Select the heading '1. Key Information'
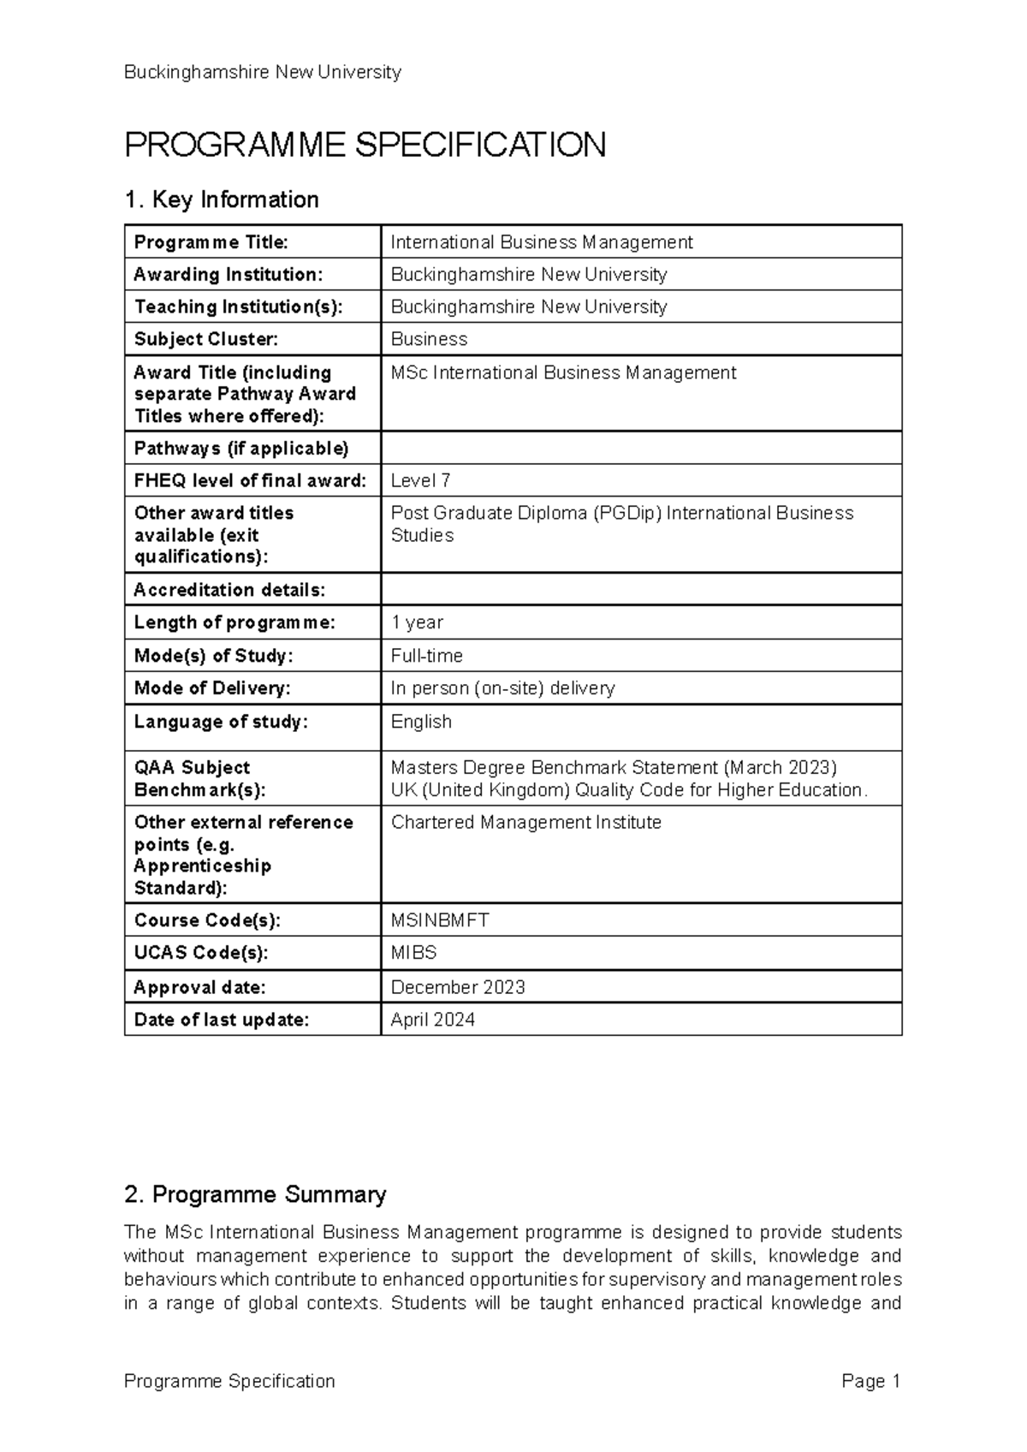point(222,199)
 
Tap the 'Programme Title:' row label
point(211,242)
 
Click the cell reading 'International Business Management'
point(541,242)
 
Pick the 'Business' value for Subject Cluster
point(429,339)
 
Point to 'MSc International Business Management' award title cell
point(563,373)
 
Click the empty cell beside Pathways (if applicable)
point(640,449)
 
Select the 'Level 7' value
point(420,481)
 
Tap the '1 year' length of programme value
point(417,622)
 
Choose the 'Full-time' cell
point(426,656)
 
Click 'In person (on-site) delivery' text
point(502,688)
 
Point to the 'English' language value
point(421,722)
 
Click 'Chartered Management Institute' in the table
point(525,823)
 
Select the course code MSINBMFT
point(440,920)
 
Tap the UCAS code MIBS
point(413,953)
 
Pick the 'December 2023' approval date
point(458,987)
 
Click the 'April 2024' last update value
point(432,1020)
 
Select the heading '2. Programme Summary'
point(255,1194)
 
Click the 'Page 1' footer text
point(871,1381)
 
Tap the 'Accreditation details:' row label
point(229,590)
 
